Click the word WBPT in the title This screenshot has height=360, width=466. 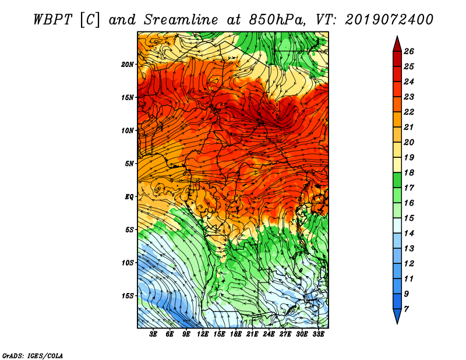(52, 20)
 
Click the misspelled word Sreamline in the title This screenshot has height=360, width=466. (181, 20)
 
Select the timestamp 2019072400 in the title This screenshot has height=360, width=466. (389, 20)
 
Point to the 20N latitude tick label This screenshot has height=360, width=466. (128, 65)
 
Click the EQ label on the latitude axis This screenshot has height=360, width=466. (129, 197)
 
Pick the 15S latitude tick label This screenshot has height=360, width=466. (128, 296)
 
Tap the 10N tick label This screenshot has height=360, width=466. (128, 130)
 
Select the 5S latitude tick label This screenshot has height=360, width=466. (129, 230)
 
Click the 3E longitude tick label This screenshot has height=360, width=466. (153, 334)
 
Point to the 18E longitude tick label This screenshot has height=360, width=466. (236, 334)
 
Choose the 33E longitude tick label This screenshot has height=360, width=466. (318, 334)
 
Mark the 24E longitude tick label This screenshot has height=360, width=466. (269, 334)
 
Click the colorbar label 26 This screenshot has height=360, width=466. (409, 51)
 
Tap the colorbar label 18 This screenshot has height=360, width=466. (409, 172)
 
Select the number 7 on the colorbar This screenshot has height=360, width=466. (406, 309)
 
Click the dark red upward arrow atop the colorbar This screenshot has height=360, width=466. (397, 44)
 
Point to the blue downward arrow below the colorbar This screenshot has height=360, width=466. (397, 316)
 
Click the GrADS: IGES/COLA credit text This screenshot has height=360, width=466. (33, 356)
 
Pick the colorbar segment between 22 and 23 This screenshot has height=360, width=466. (397, 104)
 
